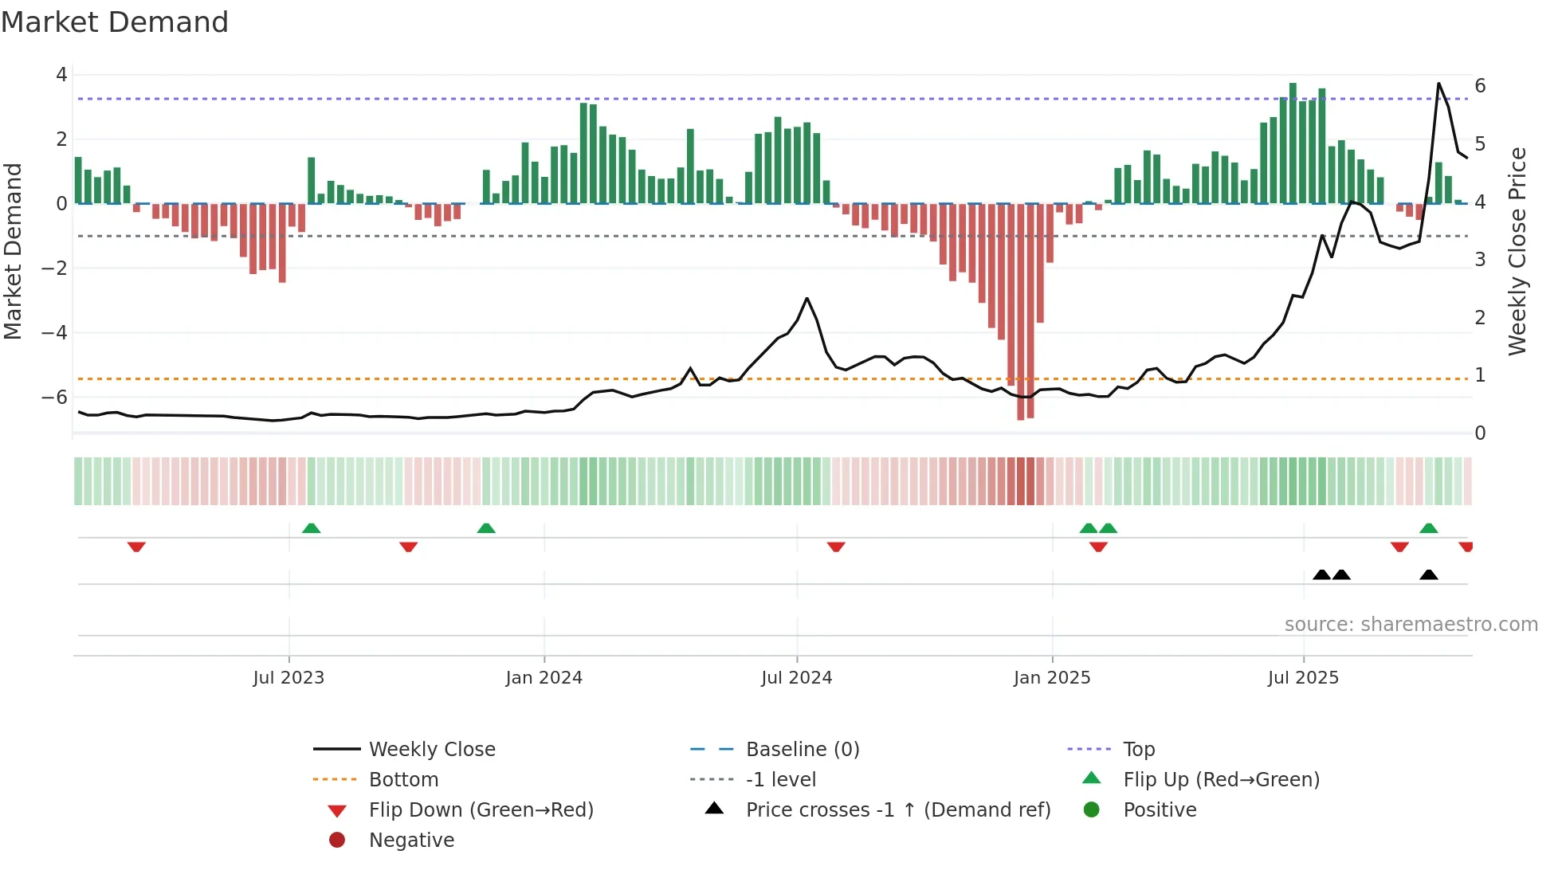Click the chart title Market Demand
(x=115, y=22)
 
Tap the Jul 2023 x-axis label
(x=288, y=678)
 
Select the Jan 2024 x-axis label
(x=544, y=678)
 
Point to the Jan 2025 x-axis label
(x=1052, y=678)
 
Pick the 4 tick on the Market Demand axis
(x=61, y=75)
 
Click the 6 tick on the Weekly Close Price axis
(x=1480, y=86)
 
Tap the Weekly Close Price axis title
(x=1517, y=251)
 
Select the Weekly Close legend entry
(x=431, y=750)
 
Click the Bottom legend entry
(x=403, y=780)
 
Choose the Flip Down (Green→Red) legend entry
(x=481, y=810)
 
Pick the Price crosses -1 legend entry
(x=897, y=810)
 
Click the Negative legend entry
(x=411, y=841)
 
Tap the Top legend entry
(x=1138, y=750)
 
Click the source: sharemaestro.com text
(x=1411, y=625)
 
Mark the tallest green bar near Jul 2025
(x=1293, y=143)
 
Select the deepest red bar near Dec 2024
(x=1021, y=311)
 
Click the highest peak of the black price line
(x=1438, y=84)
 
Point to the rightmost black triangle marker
(x=1429, y=575)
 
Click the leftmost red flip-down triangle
(x=136, y=547)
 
